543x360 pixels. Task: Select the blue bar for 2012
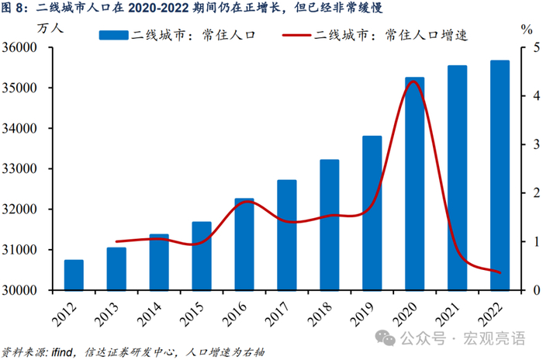[74, 275]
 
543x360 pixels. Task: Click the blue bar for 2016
[244, 244]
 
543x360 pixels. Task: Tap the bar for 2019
[372, 213]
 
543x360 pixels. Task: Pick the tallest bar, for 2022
[500, 175]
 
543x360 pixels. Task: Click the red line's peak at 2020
[413, 81]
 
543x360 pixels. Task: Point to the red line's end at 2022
[500, 272]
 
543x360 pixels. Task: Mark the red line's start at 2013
[116, 241]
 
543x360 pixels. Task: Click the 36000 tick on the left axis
[19, 47]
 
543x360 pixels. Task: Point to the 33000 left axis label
[19, 168]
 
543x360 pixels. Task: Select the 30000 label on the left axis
[19, 290]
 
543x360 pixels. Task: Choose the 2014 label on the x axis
[150, 314]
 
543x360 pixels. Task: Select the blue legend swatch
[113, 36]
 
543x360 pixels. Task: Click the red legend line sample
[296, 36]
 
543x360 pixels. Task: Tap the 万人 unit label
[50, 28]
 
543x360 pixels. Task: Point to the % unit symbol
[527, 29]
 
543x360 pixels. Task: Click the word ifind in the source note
[62, 353]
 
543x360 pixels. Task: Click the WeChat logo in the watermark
[386, 337]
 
